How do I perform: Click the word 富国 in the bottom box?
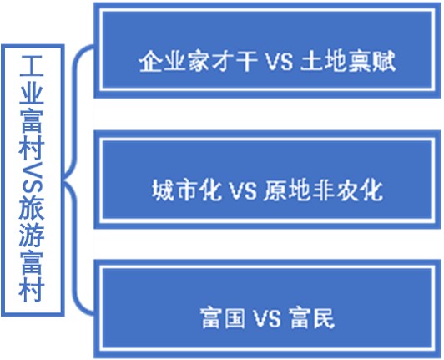(219, 317)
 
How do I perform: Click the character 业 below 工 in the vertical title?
(31, 93)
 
